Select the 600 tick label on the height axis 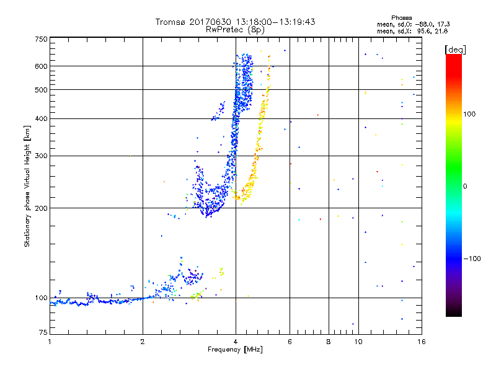pos(41,66)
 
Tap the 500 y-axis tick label pos(41,90)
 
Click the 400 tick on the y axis pos(41,119)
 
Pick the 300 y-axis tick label pos(41,156)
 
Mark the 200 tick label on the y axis pos(41,208)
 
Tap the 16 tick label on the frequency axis pos(420,342)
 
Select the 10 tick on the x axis pos(358,342)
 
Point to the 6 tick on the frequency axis pos(290,342)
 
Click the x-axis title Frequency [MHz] pos(234,350)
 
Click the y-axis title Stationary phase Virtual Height pos(27,186)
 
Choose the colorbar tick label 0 pos(464,186)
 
